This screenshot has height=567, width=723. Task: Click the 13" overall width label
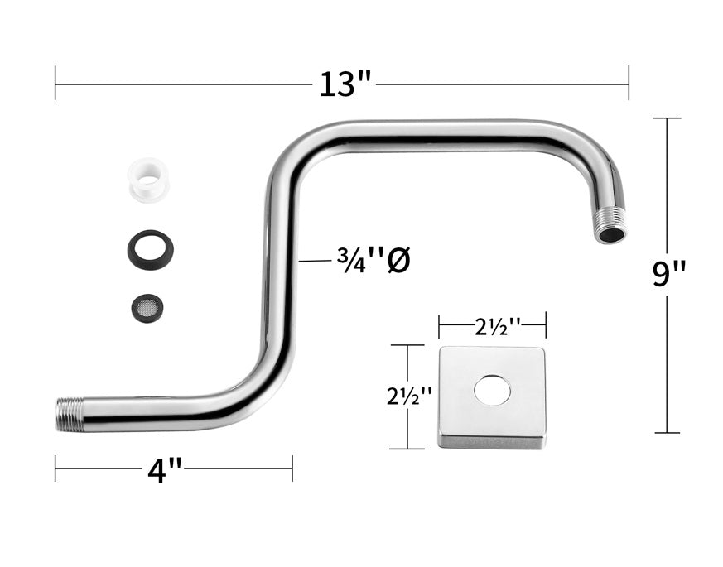tap(345, 84)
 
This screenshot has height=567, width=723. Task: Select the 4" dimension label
tap(165, 471)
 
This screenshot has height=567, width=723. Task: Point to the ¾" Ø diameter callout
tap(374, 262)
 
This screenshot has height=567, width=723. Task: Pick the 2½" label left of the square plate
tap(409, 396)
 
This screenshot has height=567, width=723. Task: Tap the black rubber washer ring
tap(151, 250)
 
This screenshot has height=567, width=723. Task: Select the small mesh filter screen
tap(147, 306)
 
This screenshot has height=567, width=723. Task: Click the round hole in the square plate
tap(492, 392)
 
